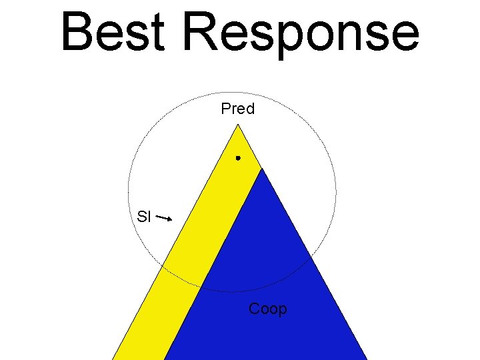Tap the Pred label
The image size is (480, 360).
point(238,109)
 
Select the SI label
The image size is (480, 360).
point(144,216)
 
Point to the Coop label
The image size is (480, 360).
point(267,309)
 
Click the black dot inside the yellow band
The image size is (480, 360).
point(237,158)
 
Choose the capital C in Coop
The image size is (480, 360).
point(255,309)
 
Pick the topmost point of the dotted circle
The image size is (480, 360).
point(233,92)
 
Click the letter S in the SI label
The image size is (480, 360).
point(141,216)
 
